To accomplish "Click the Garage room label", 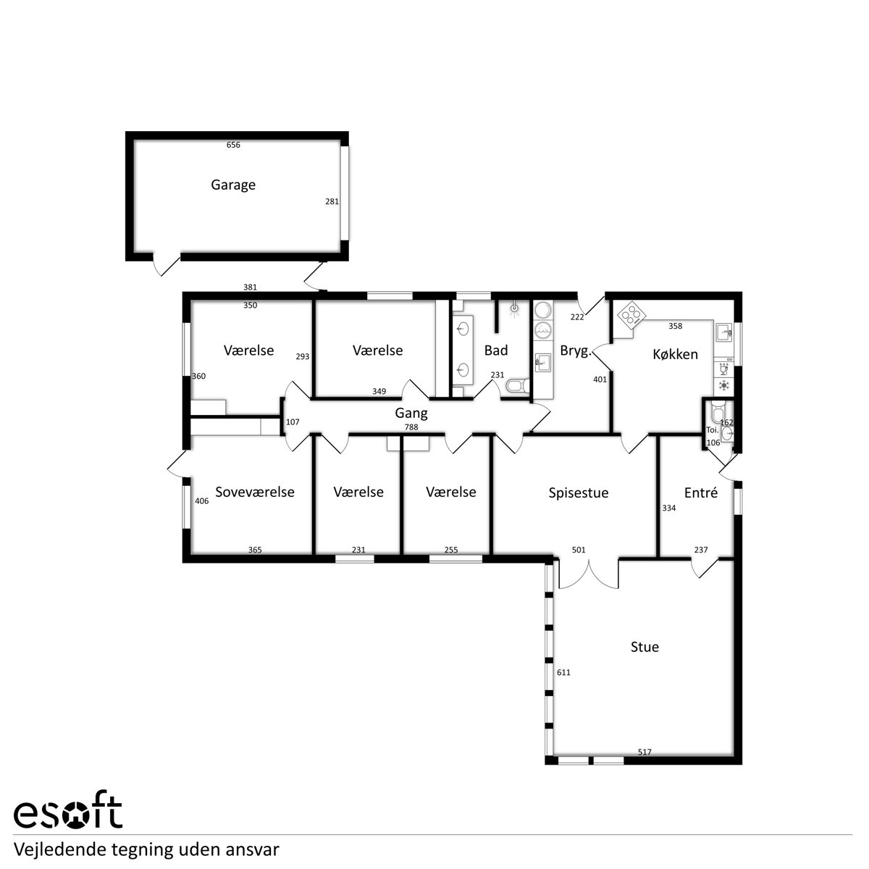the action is (233, 185).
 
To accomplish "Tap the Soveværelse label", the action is (255, 492).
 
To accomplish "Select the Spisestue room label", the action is (578, 493).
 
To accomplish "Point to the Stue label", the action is (645, 647).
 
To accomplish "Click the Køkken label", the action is (675, 354).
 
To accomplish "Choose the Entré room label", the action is (700, 492).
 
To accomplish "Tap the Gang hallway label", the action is (411, 413).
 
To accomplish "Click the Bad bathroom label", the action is (496, 350).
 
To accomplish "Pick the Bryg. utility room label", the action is (576, 350).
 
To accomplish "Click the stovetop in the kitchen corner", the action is (631, 314).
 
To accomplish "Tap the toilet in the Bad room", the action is (518, 385).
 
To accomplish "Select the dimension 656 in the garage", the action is (233, 145).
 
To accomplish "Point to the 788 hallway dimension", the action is (411, 427).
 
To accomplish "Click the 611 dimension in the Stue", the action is (563, 672).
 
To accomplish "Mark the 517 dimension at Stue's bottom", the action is (645, 752).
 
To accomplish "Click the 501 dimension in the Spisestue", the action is (579, 550).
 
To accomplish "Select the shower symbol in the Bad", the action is (515, 310).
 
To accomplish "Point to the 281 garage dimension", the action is (332, 201).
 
